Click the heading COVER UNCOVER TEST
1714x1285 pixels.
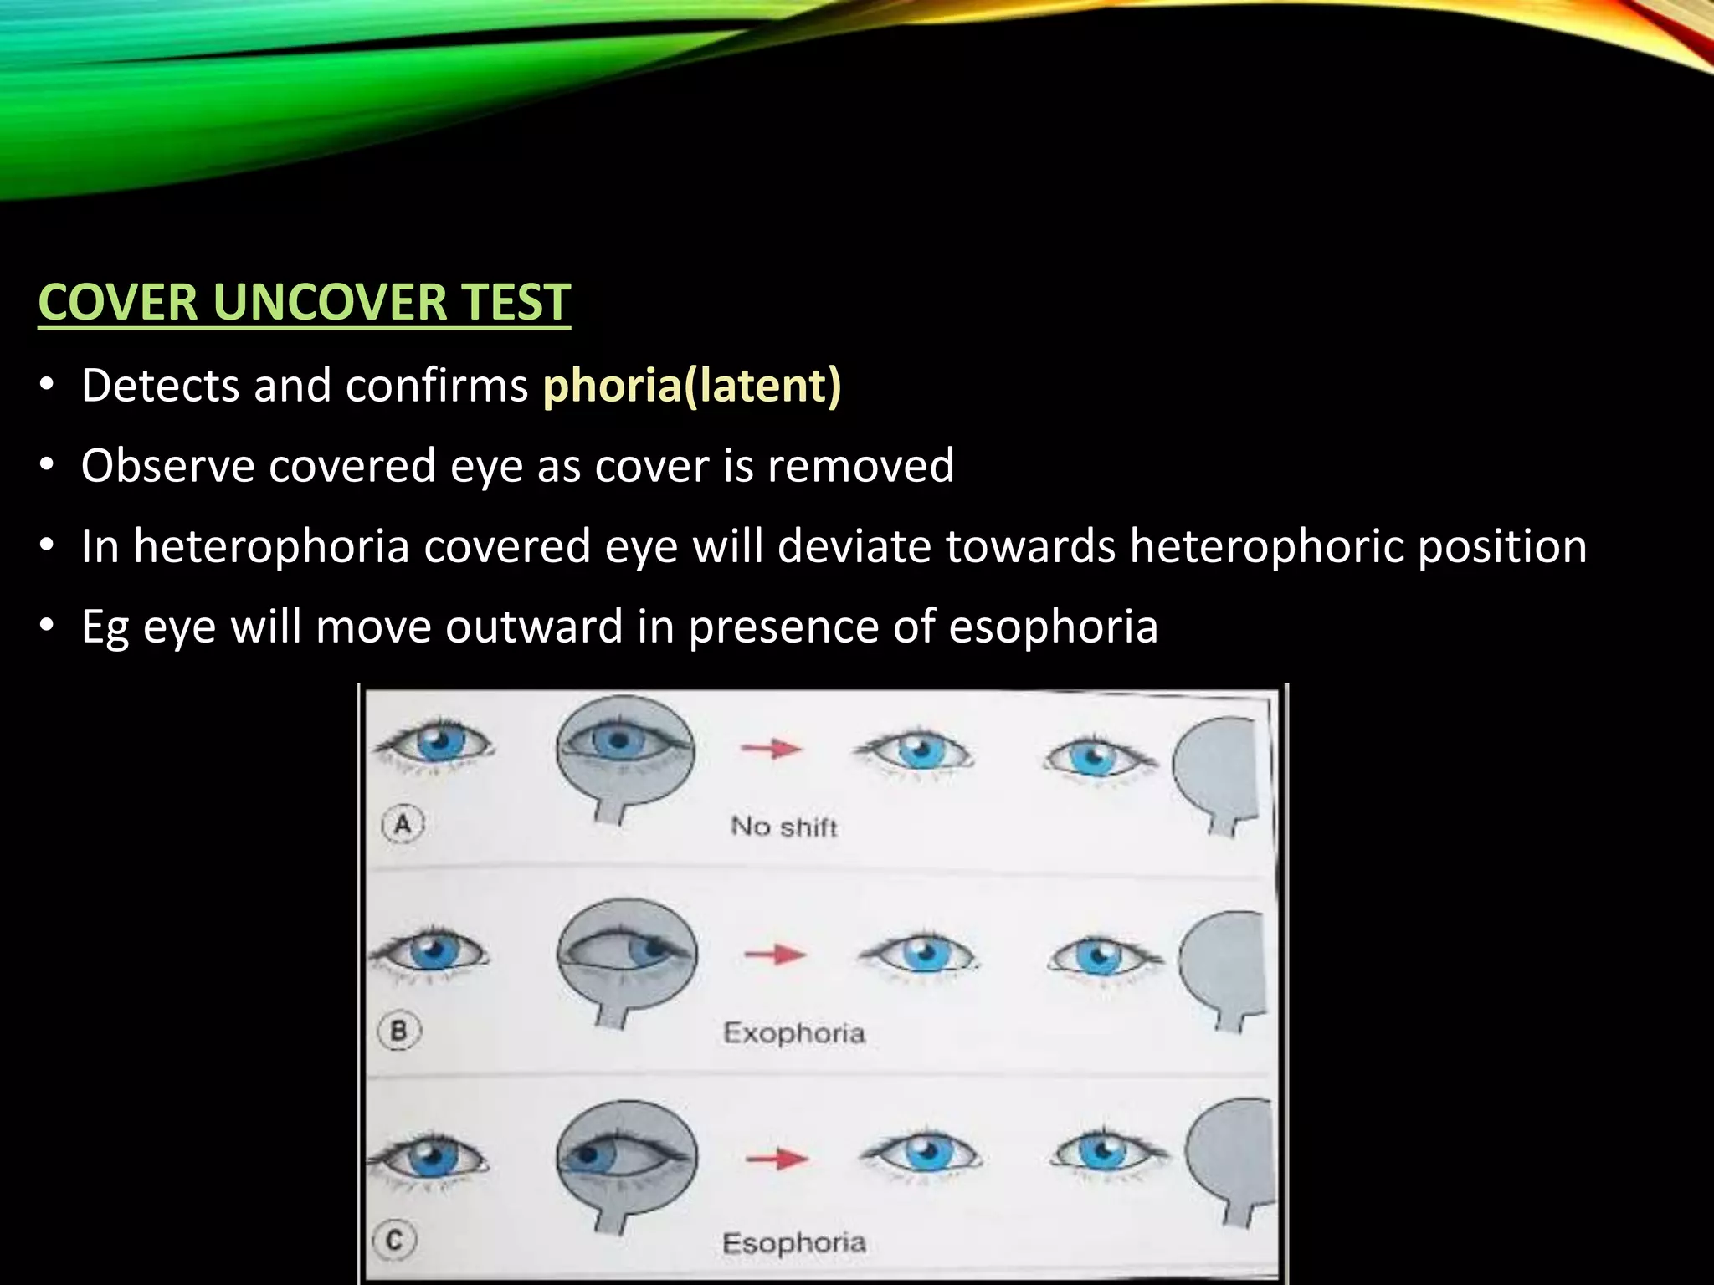tap(304, 302)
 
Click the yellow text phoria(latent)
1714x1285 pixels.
tap(691, 386)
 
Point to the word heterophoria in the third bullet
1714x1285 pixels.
tap(271, 546)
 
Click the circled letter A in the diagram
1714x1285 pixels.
tap(403, 825)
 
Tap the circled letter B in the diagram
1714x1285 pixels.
tap(399, 1030)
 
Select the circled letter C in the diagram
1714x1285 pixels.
tap(395, 1239)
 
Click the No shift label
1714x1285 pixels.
tap(783, 827)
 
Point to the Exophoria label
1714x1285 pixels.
tap(793, 1033)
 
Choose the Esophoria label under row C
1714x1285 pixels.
tap(793, 1242)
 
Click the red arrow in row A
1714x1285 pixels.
tap(772, 748)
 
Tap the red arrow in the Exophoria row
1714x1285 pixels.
tap(775, 953)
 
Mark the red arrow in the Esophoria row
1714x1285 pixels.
tap(777, 1159)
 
